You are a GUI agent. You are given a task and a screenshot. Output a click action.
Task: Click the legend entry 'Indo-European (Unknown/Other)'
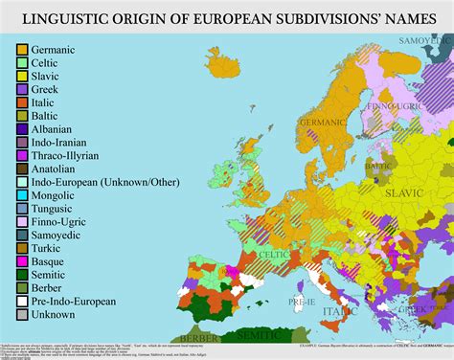(x=93, y=183)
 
